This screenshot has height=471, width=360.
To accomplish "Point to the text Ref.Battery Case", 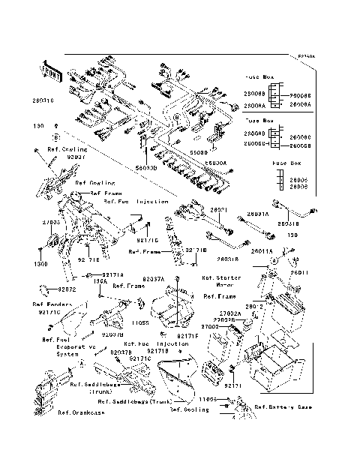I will click(x=284, y=407).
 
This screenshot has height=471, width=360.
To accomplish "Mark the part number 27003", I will click(x=51, y=223).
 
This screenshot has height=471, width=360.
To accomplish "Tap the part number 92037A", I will click(x=153, y=278).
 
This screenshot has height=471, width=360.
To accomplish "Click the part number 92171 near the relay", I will click(x=237, y=384).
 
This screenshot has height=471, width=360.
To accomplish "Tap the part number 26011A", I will click(x=262, y=250).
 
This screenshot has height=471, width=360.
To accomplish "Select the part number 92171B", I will click(x=158, y=351).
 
